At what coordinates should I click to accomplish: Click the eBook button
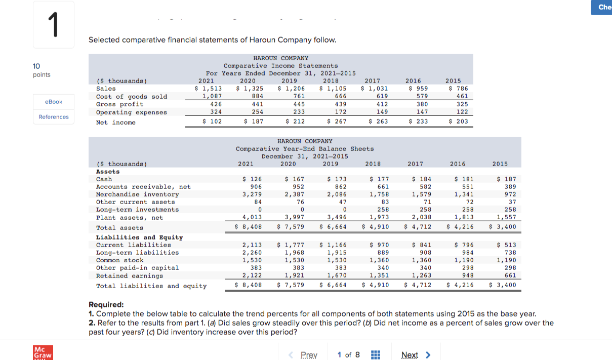(x=54, y=102)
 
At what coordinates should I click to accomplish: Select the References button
(x=54, y=117)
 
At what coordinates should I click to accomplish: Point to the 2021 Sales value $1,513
(x=208, y=89)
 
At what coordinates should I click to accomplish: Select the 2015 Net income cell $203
(x=458, y=122)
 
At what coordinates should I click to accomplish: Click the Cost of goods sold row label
(x=132, y=96)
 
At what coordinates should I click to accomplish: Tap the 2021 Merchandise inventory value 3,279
(x=253, y=194)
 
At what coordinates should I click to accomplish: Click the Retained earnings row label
(x=130, y=275)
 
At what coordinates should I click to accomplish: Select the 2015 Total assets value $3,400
(x=503, y=227)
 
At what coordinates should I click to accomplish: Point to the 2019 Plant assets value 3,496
(x=337, y=217)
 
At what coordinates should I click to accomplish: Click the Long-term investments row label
(x=137, y=210)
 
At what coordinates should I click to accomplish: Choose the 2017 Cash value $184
(x=421, y=179)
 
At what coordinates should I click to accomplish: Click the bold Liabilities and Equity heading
(x=139, y=237)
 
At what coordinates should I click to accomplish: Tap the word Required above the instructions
(x=106, y=305)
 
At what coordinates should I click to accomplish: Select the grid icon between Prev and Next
(x=375, y=355)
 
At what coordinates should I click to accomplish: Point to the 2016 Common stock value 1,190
(x=464, y=260)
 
